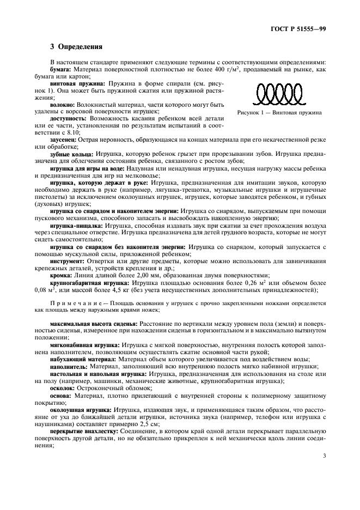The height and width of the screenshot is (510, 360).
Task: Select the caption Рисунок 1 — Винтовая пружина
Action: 279,113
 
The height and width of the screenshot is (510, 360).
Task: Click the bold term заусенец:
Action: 64,140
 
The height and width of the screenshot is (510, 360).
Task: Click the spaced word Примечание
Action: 73,302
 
